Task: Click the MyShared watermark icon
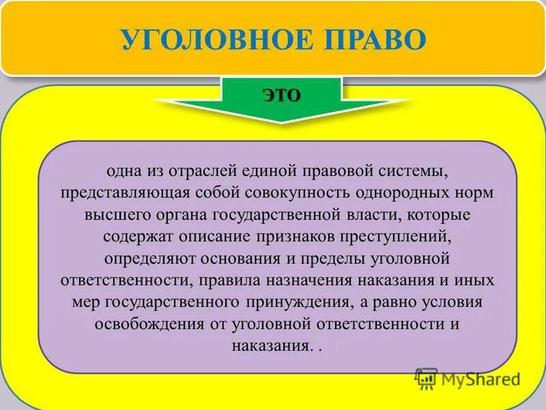click(x=427, y=378)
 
